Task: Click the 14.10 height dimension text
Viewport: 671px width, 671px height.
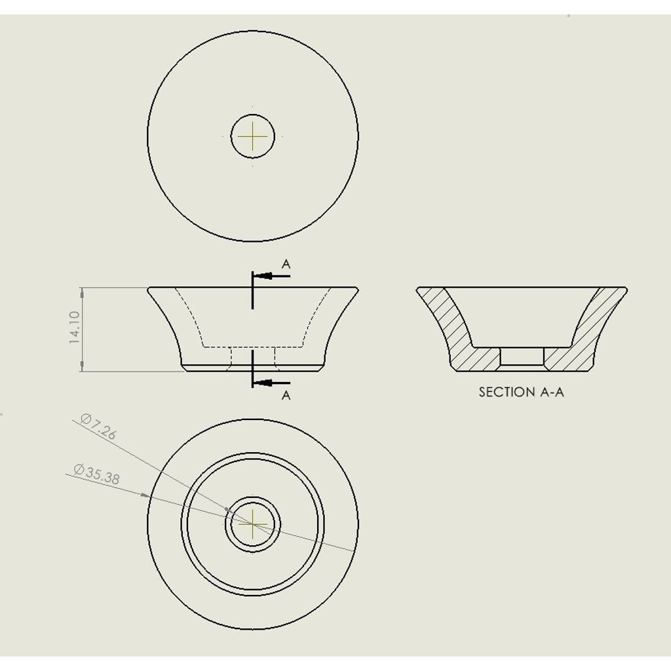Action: coord(74,328)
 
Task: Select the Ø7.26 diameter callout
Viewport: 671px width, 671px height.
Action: coord(98,426)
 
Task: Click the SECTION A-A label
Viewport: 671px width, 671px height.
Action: coord(521,392)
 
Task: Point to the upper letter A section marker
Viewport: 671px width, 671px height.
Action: coord(286,264)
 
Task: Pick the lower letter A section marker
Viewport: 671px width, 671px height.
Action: coord(286,395)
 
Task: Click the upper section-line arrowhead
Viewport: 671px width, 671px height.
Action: coord(265,276)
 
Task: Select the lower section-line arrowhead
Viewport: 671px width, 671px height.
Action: coord(265,383)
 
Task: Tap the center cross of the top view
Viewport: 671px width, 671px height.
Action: coord(252,136)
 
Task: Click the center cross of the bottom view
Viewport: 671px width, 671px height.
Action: coord(252,524)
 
